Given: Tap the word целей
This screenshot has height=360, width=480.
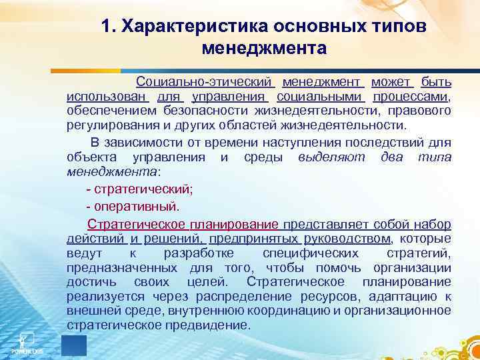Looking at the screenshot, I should pos(198,282).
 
